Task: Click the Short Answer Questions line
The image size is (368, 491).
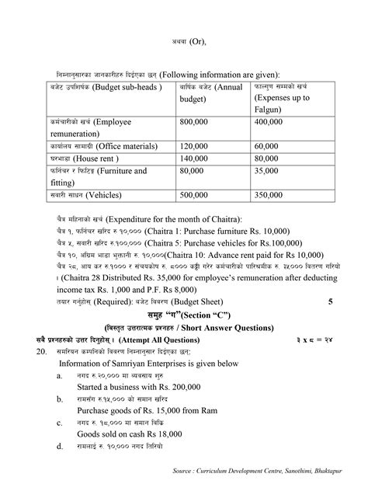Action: [x=183, y=326]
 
